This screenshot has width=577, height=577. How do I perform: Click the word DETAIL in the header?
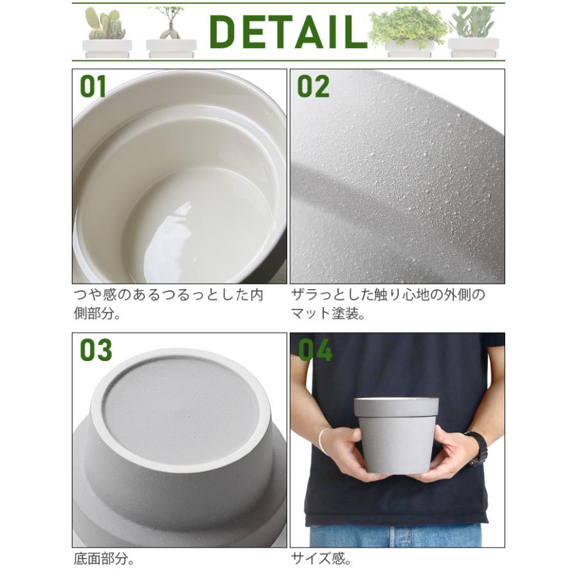288,31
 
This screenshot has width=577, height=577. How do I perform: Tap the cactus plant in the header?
105,24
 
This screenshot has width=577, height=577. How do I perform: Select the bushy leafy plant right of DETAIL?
408,26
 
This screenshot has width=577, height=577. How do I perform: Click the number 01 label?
93,87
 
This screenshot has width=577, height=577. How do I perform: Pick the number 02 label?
313,87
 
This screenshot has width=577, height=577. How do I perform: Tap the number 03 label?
96,350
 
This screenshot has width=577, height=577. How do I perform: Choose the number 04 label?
315,350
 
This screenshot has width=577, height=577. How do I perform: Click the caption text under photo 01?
168,305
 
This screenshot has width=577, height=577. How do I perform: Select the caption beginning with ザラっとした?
388,305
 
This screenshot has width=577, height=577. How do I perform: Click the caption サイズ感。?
322,558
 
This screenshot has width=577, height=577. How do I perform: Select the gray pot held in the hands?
396,442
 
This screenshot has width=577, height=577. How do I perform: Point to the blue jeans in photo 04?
395,535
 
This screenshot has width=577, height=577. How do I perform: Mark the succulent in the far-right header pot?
474,23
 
